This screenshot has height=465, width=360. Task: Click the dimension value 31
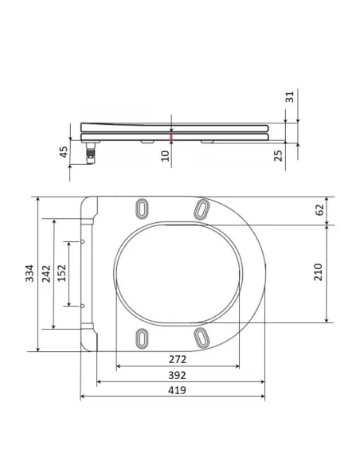[290, 97]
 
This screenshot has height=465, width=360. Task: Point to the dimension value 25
[278, 154]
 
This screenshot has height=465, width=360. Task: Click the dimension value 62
[320, 210]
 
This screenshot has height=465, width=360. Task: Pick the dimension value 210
[318, 273]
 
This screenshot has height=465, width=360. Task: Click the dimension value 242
[48, 273]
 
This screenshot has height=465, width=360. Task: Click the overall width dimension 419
[177, 390]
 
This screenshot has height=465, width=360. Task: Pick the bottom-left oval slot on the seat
[143, 338]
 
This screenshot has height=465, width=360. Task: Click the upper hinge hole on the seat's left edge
[84, 240]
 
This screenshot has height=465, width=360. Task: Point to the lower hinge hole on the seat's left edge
[84, 305]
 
